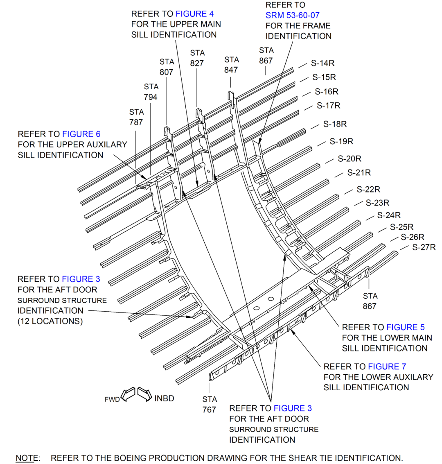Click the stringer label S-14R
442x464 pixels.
(322, 63)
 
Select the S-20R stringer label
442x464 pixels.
(350, 158)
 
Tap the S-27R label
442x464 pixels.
(424, 247)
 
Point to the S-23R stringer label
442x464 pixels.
(378, 203)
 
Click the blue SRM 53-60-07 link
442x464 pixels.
(292, 15)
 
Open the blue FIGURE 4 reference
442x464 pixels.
(194, 14)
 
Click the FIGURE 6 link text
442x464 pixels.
(81, 134)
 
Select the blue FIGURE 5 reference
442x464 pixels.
(406, 327)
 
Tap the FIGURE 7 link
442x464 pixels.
(387, 367)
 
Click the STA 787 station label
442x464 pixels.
(136, 117)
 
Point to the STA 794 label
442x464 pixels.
(151, 92)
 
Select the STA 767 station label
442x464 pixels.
(210, 405)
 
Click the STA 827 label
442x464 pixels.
(197, 58)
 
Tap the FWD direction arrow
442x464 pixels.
(128, 394)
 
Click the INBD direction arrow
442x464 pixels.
(145, 394)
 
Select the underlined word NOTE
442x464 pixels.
(27, 458)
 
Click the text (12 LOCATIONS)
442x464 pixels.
(50, 321)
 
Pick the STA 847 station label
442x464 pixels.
(232, 65)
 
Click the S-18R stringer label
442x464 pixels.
(335, 124)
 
